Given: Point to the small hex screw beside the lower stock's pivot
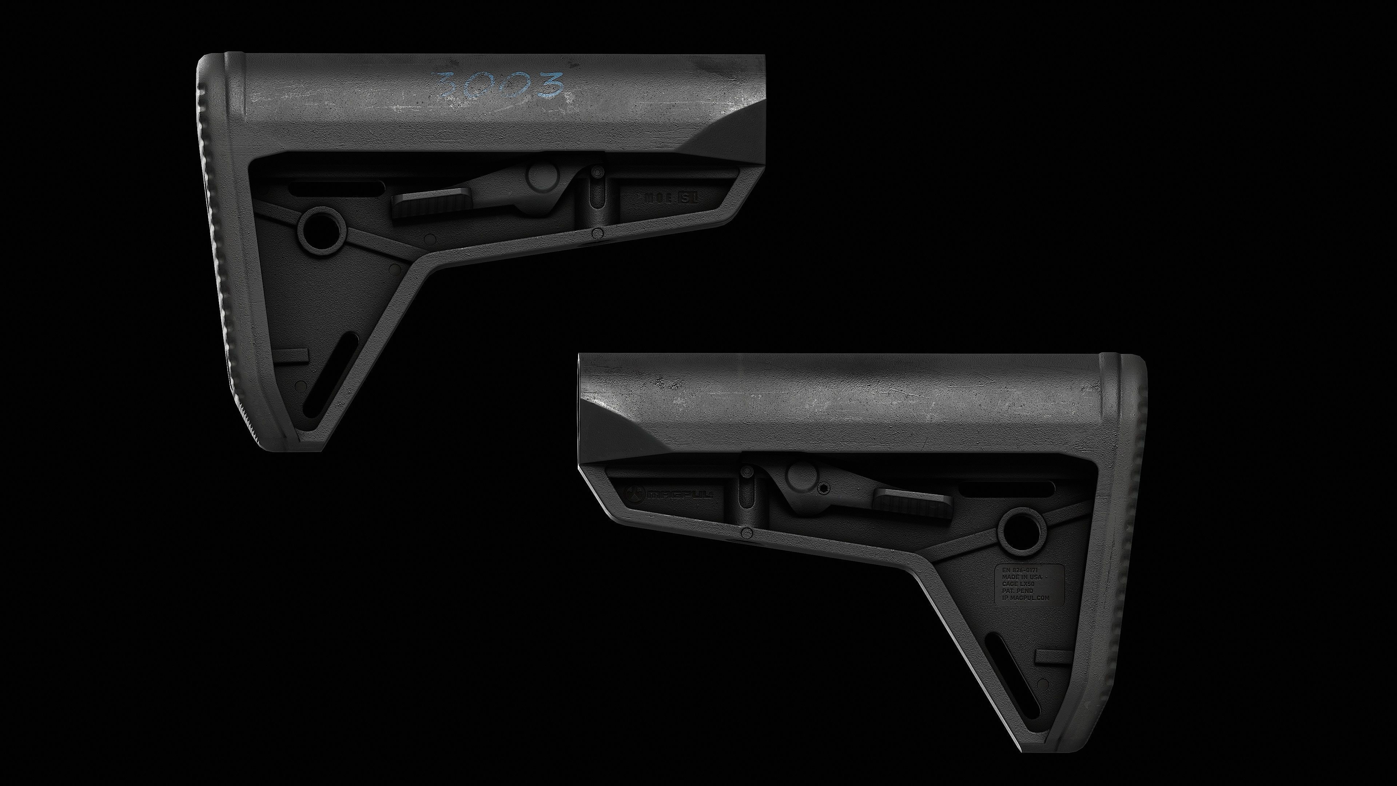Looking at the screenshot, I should [825, 488].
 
